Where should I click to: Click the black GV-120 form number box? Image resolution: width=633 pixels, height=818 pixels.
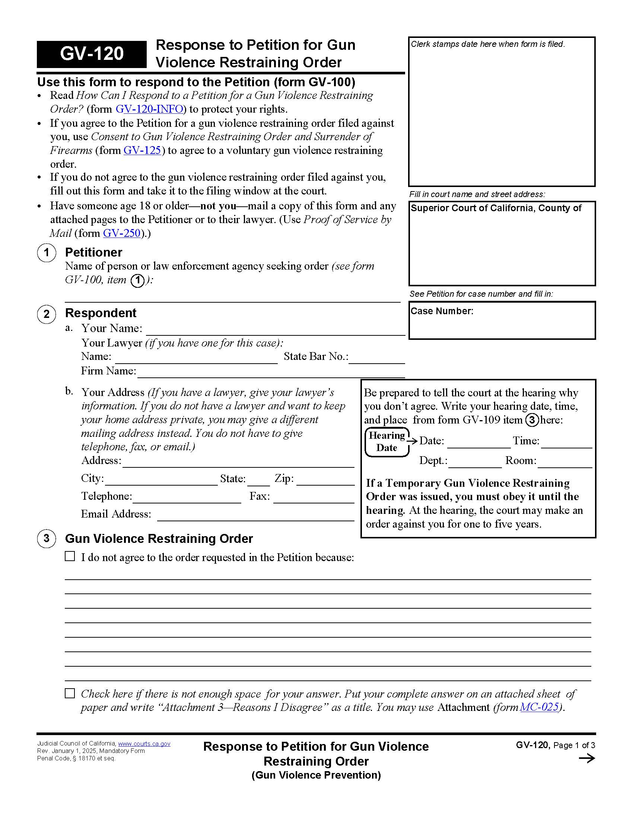click(92, 54)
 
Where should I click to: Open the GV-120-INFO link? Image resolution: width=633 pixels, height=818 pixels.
click(149, 109)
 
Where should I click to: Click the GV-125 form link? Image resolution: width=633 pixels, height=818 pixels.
click(142, 150)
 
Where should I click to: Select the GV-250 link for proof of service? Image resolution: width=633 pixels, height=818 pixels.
click(121, 233)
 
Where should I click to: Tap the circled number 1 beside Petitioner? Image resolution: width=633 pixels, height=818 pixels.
click(47, 252)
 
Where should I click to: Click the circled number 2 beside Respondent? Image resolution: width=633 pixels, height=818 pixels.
click(47, 313)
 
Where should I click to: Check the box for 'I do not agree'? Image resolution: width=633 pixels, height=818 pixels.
click(70, 556)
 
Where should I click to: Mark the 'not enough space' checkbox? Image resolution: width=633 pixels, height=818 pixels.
click(70, 693)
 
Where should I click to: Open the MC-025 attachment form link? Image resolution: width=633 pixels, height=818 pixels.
click(539, 707)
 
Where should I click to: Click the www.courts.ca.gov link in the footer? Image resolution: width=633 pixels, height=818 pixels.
click(144, 744)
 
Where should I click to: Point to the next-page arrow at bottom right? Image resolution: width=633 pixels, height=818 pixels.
click(586, 759)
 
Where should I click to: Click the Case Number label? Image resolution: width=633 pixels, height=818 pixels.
click(442, 311)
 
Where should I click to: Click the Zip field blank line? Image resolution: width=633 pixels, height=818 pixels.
click(325, 482)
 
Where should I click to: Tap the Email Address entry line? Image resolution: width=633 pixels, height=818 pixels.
click(255, 517)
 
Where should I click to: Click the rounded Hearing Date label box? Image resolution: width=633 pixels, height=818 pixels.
click(387, 442)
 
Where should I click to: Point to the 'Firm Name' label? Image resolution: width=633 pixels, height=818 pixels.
click(108, 371)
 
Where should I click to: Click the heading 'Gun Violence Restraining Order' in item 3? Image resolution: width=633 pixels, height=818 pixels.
click(159, 539)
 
